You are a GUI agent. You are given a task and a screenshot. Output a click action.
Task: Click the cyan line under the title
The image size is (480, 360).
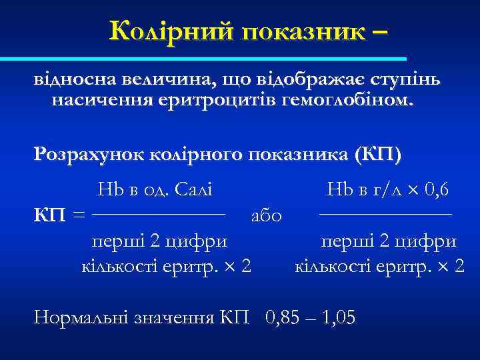(x=220, y=59)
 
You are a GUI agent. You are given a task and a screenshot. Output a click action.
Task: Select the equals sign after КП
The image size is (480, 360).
(x=79, y=215)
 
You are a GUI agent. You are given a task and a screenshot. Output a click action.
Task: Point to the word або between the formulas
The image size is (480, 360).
(x=266, y=215)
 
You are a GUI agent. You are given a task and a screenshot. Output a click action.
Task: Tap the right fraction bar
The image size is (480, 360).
(x=385, y=214)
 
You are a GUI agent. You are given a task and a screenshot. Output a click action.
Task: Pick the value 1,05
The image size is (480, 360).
(x=339, y=317)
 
